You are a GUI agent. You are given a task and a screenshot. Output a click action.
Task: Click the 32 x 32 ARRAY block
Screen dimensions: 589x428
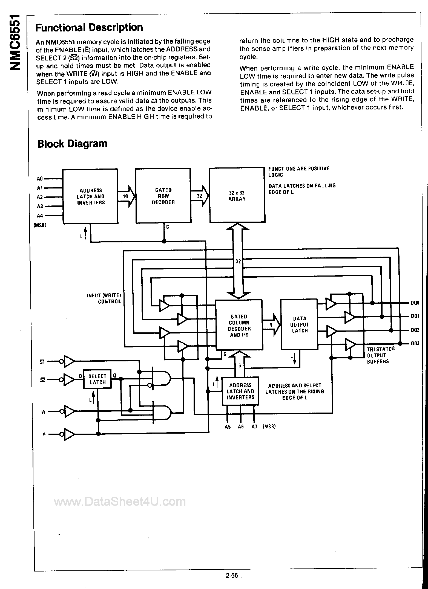[x=237, y=195]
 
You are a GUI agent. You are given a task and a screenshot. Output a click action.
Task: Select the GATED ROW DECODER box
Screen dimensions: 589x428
[x=163, y=196]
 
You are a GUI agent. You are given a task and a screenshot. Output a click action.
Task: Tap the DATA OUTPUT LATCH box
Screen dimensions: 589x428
[x=299, y=324]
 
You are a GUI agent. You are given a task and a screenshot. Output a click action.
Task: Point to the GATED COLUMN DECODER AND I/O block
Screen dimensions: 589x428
[x=239, y=325]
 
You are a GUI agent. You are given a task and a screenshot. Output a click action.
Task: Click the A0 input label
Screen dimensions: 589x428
[x=40, y=179]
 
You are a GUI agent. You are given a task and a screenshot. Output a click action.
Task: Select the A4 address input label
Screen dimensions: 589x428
[x=40, y=216]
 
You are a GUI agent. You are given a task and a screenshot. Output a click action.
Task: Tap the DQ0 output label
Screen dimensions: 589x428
[x=415, y=303]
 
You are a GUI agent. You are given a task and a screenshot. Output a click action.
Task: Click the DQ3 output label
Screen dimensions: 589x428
[x=415, y=343]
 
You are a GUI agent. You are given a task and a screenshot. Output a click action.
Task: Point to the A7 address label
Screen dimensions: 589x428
[x=254, y=426]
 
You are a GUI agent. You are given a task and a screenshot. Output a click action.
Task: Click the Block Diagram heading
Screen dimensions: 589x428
[x=72, y=144]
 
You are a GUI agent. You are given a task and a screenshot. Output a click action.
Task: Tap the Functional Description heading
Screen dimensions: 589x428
[x=89, y=27]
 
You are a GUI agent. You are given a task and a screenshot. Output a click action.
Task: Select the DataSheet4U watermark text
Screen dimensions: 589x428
[x=120, y=502]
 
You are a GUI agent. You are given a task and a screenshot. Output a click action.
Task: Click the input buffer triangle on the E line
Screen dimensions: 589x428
[x=69, y=434]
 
